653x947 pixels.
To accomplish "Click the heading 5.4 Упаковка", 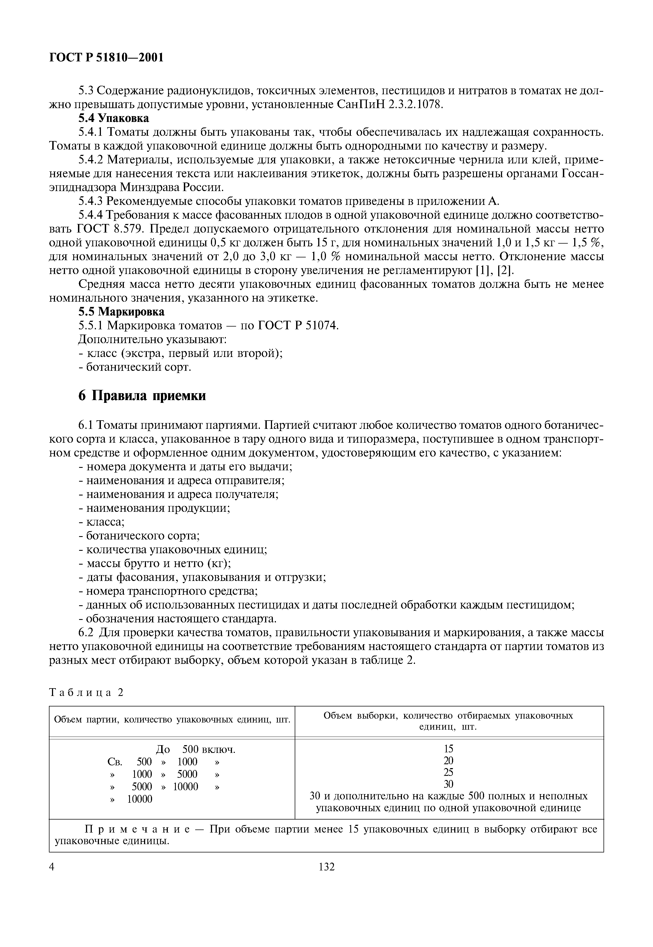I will pyautogui.click(x=113, y=118).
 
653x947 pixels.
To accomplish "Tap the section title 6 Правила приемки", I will pyautogui.click(x=142, y=396).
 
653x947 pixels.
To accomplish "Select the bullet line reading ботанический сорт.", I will pyautogui.click(x=135, y=367).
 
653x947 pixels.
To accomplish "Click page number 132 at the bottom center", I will pyautogui.click(x=326, y=866).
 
